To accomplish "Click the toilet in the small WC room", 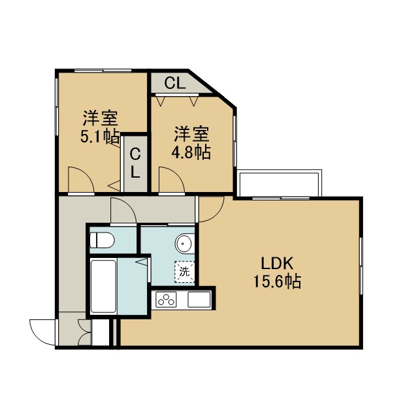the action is [x=102, y=240].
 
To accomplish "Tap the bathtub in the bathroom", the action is [x=103, y=286].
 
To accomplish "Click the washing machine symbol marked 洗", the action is [x=184, y=272].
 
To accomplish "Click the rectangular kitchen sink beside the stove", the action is [x=199, y=300].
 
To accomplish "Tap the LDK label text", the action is [x=277, y=263].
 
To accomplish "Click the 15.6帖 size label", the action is [x=277, y=281].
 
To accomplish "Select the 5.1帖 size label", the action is [x=100, y=137].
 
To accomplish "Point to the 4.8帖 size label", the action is [x=191, y=152].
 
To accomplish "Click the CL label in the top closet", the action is [x=174, y=83].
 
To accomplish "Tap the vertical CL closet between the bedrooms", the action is [x=135, y=164].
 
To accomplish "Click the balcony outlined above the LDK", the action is [x=279, y=183].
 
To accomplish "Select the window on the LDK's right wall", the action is [x=361, y=266].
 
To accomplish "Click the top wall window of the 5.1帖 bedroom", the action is [x=103, y=71].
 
